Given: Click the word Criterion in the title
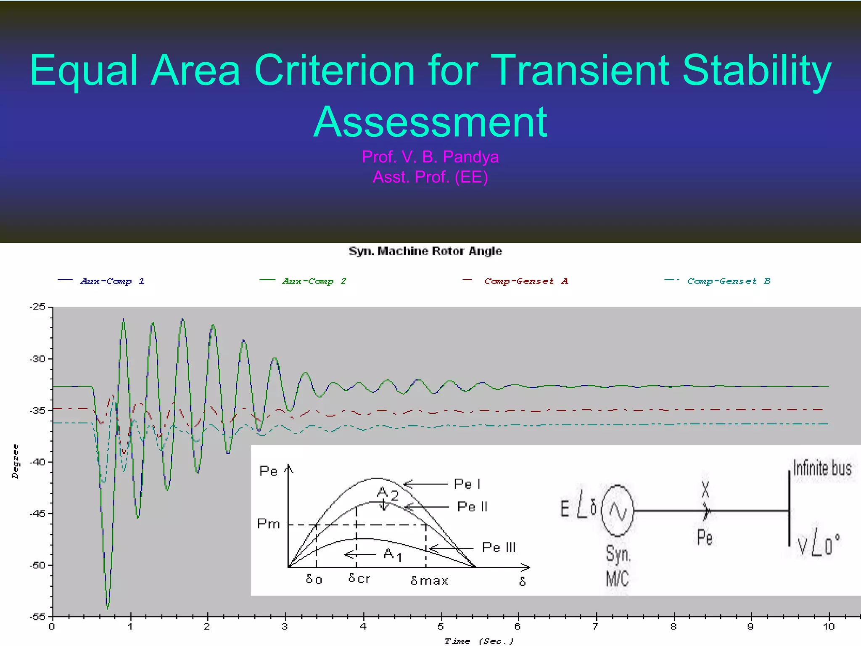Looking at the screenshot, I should (x=335, y=71).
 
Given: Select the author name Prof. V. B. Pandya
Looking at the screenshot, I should (x=430, y=157).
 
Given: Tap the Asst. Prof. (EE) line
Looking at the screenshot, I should (x=430, y=177).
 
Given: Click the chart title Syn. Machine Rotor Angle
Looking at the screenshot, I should (x=425, y=251).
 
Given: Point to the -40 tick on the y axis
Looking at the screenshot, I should (x=38, y=462).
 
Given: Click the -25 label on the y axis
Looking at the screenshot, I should (x=37, y=307).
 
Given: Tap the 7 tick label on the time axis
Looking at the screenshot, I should (x=595, y=627).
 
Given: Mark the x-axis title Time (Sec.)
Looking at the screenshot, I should (x=479, y=641).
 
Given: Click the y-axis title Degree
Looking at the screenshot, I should (x=16, y=461).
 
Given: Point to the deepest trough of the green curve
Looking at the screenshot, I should (x=108, y=607).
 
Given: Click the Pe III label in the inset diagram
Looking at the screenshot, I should (x=498, y=547).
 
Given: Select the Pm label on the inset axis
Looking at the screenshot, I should (x=268, y=524).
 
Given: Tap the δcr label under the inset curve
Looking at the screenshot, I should (x=359, y=578).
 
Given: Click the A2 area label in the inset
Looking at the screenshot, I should (x=387, y=493).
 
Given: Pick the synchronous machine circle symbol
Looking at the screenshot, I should (x=617, y=511).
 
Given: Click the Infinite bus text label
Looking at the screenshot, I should (x=822, y=468).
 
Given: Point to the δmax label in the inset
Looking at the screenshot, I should (x=429, y=581).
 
